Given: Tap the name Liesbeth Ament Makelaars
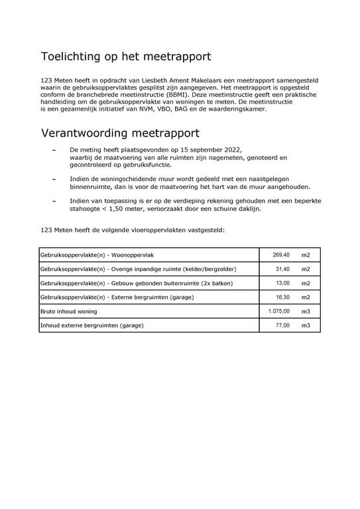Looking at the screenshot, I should click(178, 80).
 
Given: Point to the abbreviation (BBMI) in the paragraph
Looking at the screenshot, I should click(179, 94).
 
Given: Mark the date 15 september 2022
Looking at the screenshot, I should click(210, 150).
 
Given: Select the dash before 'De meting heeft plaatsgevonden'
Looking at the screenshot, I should click(54, 150).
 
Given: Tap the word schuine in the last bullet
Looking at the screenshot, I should click(217, 208).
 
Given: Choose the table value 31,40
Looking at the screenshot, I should click(282, 269).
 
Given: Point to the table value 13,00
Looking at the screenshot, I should click(282, 283).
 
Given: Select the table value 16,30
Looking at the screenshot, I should click(282, 298).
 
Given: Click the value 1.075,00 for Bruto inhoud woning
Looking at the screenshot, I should click(278, 311).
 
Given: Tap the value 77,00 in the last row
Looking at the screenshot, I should click(282, 325).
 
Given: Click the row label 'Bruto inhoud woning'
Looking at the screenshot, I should click(68, 311).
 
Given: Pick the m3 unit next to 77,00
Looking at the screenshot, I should click(306, 325).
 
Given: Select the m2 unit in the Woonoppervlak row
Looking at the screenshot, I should click(306, 254).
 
